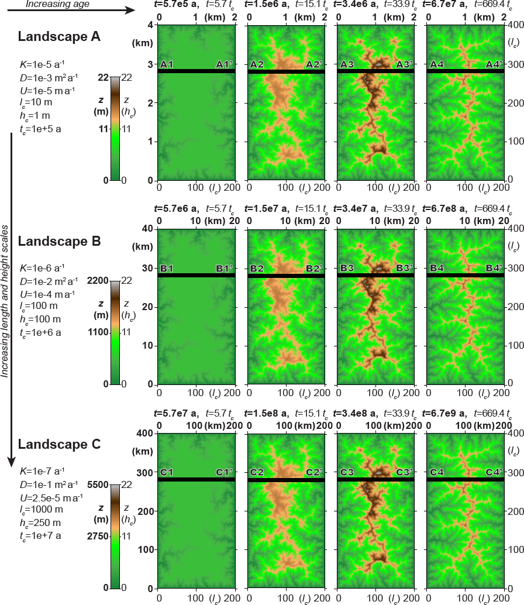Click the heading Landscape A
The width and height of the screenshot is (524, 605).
60,37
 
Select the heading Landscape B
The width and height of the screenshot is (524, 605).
60,241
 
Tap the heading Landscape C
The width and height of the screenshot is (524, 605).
60,444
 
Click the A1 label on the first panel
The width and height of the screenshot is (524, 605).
167,64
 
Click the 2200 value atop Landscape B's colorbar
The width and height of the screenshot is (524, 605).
97,280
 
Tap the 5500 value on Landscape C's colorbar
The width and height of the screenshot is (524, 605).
97,484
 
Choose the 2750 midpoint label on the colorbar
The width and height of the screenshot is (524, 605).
97,536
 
